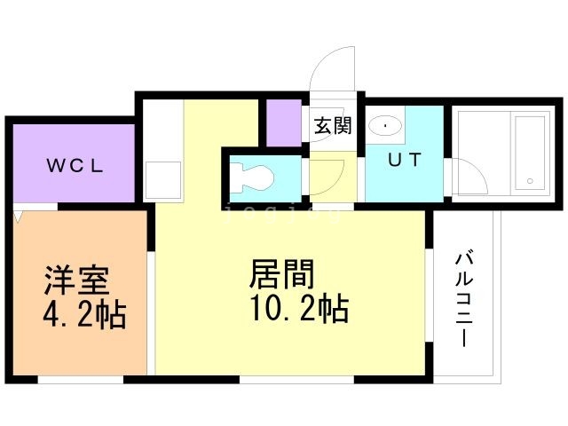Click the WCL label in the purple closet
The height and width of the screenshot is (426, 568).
75,164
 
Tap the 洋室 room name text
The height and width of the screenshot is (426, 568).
77,280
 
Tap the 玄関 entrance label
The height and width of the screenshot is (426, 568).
332,125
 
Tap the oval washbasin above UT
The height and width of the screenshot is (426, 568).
385,127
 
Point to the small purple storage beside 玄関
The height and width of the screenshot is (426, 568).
284,122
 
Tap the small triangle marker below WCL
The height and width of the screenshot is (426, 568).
19,216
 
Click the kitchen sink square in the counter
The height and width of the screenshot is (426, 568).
163,178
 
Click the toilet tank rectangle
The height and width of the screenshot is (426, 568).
235,178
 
